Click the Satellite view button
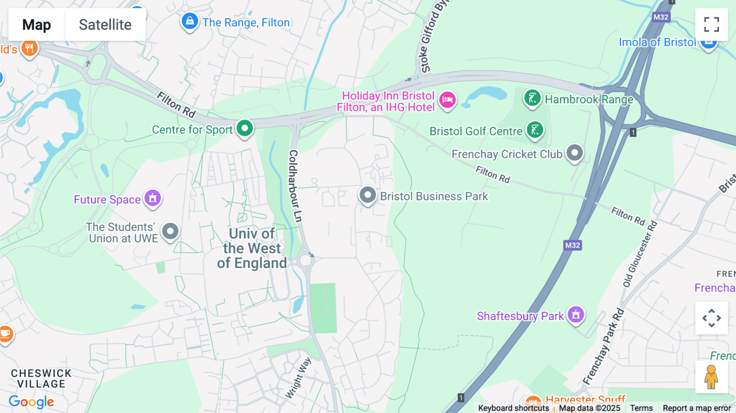(x=105, y=25)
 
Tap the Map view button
(x=36, y=25)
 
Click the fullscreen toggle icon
(x=711, y=25)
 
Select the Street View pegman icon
(x=711, y=377)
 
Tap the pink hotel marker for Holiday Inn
(x=447, y=99)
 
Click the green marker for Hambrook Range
(x=532, y=98)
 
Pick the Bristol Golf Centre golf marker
(x=535, y=130)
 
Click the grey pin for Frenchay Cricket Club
(x=574, y=153)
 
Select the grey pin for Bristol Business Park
(x=368, y=195)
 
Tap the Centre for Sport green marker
(x=245, y=128)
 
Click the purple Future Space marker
(x=153, y=198)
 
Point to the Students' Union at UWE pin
(x=170, y=231)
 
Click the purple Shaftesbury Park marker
(x=576, y=315)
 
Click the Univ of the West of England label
(x=252, y=248)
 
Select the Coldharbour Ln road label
(x=295, y=186)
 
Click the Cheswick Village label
(x=41, y=378)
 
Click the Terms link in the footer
(x=641, y=408)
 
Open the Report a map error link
(x=697, y=408)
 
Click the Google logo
(x=31, y=402)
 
